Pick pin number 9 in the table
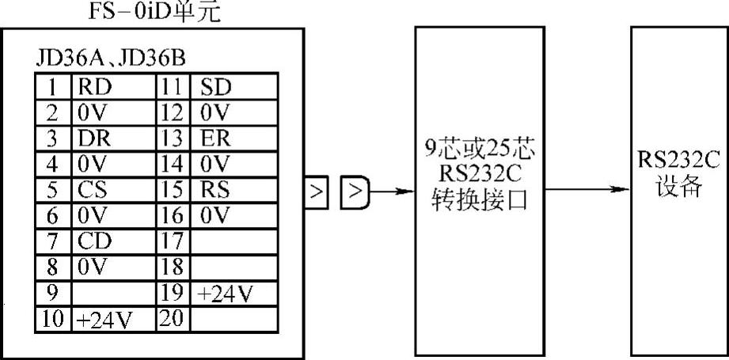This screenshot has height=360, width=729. point(51,293)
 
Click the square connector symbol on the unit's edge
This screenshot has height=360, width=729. point(317,192)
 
